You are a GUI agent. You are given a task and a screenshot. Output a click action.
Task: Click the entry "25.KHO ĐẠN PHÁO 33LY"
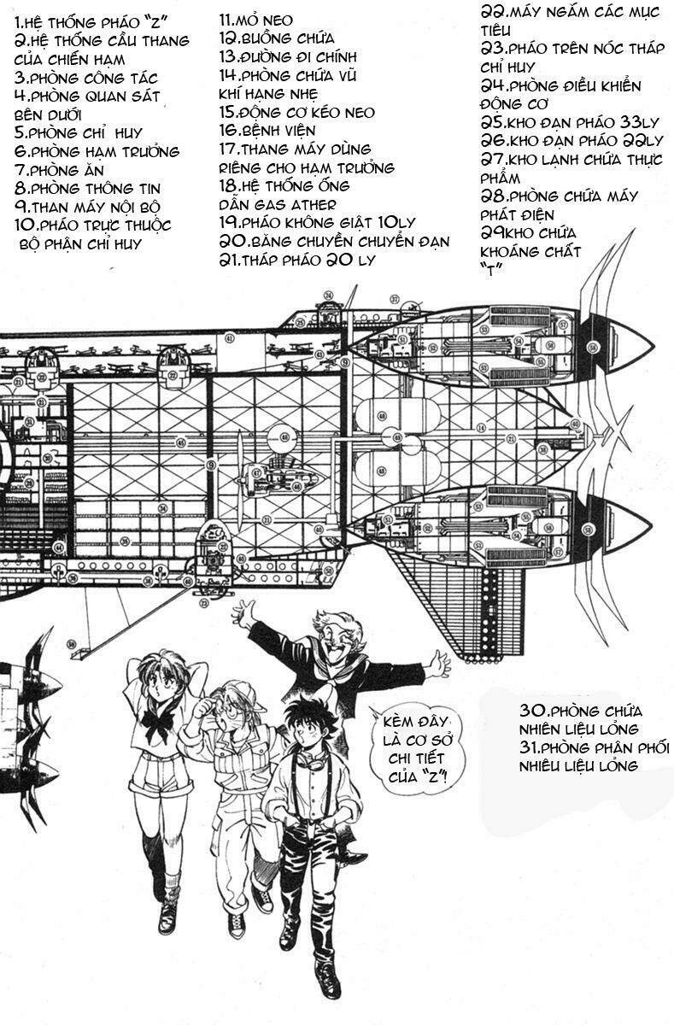click(x=571, y=122)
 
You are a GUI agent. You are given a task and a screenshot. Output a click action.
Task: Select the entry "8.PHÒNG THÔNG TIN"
click(x=87, y=188)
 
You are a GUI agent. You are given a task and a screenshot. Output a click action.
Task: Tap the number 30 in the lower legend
click(x=533, y=711)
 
